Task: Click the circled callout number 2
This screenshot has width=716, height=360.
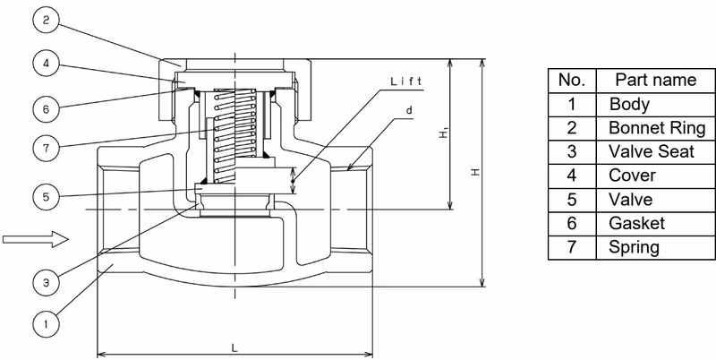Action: pyautogui.click(x=47, y=20)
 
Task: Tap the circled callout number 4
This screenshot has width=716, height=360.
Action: pyautogui.click(x=47, y=63)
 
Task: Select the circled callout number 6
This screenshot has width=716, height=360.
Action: pyautogui.click(x=47, y=108)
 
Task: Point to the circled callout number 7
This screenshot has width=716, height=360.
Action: pyautogui.click(x=47, y=148)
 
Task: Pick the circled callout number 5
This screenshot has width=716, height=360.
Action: pyautogui.click(x=47, y=197)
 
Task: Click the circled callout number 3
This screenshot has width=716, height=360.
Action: pyautogui.click(x=47, y=282)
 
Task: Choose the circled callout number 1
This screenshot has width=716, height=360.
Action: pyautogui.click(x=47, y=324)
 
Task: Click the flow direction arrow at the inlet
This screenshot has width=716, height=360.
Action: pyautogui.click(x=36, y=239)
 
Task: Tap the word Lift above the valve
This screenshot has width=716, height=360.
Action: pyautogui.click(x=406, y=81)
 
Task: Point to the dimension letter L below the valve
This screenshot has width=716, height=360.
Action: pyautogui.click(x=234, y=348)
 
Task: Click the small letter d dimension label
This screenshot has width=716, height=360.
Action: pyautogui.click(x=409, y=109)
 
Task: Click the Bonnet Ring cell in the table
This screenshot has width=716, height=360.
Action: pyautogui.click(x=656, y=128)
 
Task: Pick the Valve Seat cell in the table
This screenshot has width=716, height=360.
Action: pyautogui.click(x=656, y=152)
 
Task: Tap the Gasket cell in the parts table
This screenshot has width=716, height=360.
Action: pyautogui.click(x=656, y=223)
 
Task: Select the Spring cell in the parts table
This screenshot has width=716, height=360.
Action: pyautogui.click(x=656, y=247)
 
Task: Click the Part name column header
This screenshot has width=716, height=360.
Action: pyautogui.click(x=656, y=81)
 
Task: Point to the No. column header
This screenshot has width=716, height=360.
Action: pyautogui.click(x=572, y=81)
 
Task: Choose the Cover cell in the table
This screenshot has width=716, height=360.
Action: pyautogui.click(x=656, y=176)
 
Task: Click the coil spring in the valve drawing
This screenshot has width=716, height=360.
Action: pyautogui.click(x=234, y=134)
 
